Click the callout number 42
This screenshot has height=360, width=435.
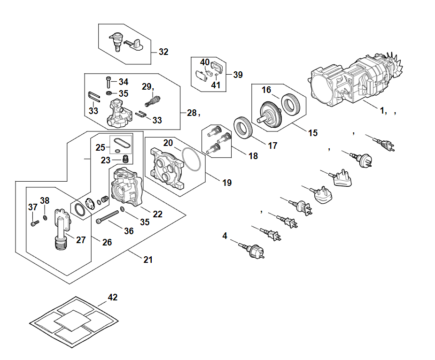tap(113, 298)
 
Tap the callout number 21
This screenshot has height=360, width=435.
tap(148, 260)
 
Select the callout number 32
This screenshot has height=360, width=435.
tap(163, 52)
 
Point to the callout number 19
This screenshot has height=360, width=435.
tap(227, 183)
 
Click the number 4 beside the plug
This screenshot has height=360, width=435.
tap(225, 236)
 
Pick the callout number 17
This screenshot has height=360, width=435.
tap(272, 146)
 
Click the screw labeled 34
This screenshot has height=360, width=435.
tap(109, 82)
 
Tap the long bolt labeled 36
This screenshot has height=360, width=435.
tap(107, 216)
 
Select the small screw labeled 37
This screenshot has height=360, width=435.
tap(35, 222)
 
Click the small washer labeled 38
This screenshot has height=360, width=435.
tap(45, 218)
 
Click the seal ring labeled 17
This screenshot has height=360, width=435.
tap(243, 128)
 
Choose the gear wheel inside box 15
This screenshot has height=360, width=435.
tap(271, 115)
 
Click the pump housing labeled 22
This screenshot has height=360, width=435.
tap(127, 187)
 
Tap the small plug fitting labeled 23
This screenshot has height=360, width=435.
tap(125, 159)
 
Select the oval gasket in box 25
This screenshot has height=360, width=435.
tap(122, 143)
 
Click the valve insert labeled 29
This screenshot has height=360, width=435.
tap(153, 101)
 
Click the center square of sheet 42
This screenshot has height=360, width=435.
tap(72, 321)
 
